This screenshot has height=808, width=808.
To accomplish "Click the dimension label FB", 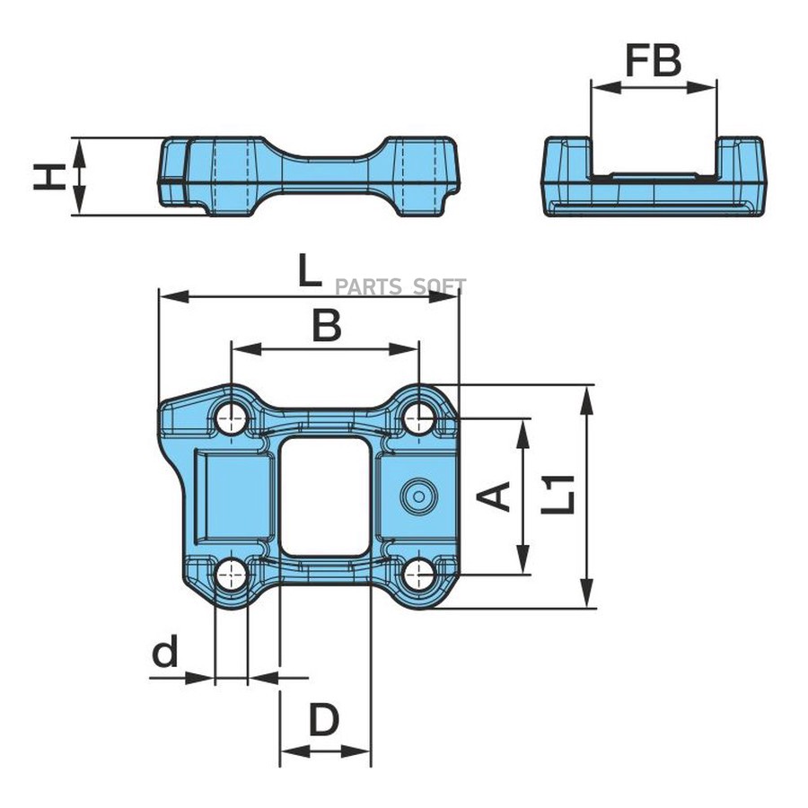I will [654, 60].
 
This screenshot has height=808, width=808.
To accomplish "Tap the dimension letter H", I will [50, 176].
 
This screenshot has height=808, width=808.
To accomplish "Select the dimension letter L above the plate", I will [309, 271].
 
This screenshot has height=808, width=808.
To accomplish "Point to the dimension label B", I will [326, 326].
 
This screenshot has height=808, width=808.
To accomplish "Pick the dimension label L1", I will [558, 496].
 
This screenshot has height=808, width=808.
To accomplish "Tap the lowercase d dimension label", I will [165, 653].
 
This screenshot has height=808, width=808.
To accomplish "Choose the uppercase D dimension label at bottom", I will [324, 721].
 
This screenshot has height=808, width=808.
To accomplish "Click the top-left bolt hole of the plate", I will [232, 417].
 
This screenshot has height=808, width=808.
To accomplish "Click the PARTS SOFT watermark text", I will [400, 287].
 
